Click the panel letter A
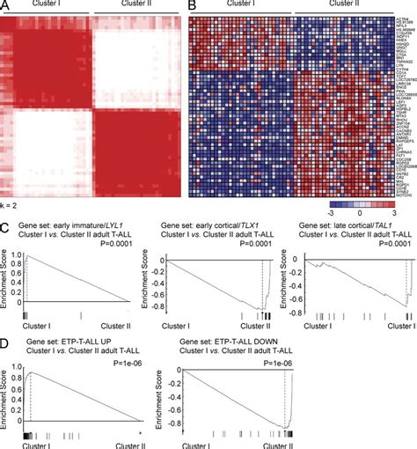[5, 6]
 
